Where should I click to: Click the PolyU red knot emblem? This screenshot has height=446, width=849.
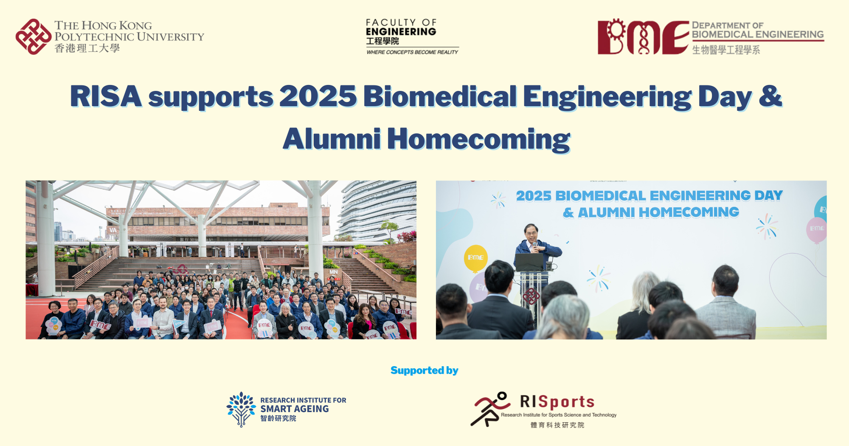pyautogui.click(x=33, y=37)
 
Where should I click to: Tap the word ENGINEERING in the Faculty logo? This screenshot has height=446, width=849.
pyautogui.click(x=401, y=32)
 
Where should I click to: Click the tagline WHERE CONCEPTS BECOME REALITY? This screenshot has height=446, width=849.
pyautogui.click(x=412, y=52)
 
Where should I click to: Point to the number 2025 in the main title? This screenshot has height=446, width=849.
pyautogui.click(x=318, y=96)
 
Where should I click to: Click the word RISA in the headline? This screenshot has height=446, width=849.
pyautogui.click(x=106, y=96)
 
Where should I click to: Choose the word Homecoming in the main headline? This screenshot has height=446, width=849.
pyautogui.click(x=478, y=139)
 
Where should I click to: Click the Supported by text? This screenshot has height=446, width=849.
pyautogui.click(x=424, y=370)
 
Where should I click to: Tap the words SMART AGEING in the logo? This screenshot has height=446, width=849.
pyautogui.click(x=295, y=409)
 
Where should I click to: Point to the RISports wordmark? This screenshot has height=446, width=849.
pyautogui.click(x=557, y=401)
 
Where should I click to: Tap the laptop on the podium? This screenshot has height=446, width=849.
pyautogui.click(x=529, y=262)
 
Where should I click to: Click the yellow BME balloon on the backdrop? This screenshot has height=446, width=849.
pyautogui.click(x=475, y=257)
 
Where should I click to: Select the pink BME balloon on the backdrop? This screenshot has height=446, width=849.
pyautogui.click(x=816, y=229)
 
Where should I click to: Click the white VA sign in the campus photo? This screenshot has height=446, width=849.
pyautogui.click(x=113, y=230)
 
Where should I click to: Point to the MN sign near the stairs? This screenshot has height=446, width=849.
pyautogui.click(x=334, y=272)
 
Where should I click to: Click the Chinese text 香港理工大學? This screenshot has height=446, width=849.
pyautogui.click(x=87, y=48)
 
